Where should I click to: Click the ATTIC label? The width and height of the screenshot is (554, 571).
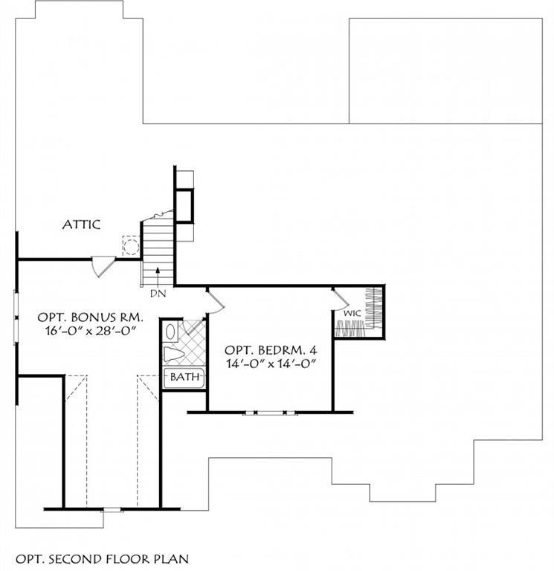point(81,225)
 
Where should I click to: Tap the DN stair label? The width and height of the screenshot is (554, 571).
point(158,293)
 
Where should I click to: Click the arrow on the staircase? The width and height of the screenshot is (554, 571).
point(158,276)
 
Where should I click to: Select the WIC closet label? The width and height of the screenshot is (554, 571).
point(352,313)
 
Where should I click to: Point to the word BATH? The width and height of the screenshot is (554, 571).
point(184,376)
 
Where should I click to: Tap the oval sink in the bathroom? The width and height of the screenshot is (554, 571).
point(170,332)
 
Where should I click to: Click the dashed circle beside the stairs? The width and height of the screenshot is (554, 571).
point(131,247)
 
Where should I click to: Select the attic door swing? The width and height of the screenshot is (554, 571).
point(103,267)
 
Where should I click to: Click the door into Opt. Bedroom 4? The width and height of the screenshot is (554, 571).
point(215,301)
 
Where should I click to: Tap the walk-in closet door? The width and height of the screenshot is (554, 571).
point(341,299)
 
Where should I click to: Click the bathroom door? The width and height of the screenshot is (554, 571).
point(193,326)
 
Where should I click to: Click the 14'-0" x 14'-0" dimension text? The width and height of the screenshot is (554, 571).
point(271,364)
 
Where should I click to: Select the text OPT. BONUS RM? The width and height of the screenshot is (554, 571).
point(90,317)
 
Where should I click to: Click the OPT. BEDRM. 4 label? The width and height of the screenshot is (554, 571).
point(271,350)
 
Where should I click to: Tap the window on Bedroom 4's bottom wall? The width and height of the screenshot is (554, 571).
point(270,413)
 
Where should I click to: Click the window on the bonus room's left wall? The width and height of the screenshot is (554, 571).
point(16,317)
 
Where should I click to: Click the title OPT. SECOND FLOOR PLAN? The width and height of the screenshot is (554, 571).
point(103,559)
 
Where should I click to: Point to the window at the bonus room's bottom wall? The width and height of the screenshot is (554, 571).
point(112,509)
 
